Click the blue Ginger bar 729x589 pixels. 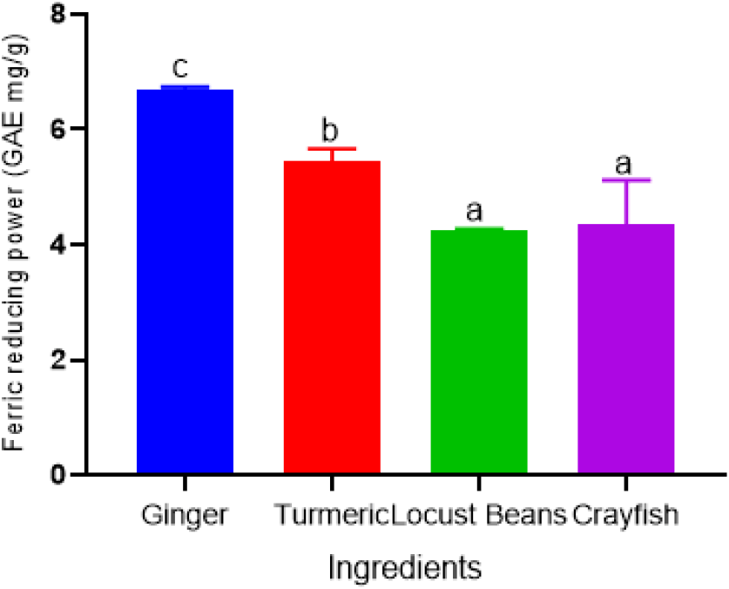(x=185, y=281)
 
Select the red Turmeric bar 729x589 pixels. (x=332, y=317)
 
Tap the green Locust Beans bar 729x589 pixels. (x=479, y=351)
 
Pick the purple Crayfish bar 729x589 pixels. (x=625, y=349)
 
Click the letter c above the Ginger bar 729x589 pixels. (x=180, y=68)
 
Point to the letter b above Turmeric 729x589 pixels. (x=329, y=131)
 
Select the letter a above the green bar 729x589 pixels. (x=474, y=212)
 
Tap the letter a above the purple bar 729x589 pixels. (x=624, y=165)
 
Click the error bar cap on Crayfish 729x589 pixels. (x=626, y=179)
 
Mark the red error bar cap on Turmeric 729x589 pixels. (x=332, y=148)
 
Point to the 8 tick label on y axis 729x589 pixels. (x=58, y=15)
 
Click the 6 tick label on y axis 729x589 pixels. (x=58, y=129)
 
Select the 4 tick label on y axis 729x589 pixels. (x=58, y=244)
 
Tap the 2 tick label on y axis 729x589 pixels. (x=58, y=360)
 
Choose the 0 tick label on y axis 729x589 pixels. (x=58, y=475)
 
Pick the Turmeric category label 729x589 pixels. (x=332, y=515)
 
